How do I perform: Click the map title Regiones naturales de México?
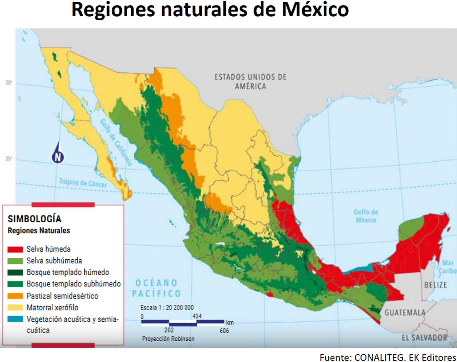(x=210, y=9)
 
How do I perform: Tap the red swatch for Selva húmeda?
(x=15, y=249)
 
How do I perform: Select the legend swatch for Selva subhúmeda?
(x=15, y=261)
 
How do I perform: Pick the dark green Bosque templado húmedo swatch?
(x=15, y=273)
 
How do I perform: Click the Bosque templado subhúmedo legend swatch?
(x=15, y=284)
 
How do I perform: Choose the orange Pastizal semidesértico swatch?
(x=15, y=296)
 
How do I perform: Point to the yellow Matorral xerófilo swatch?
(x=15, y=307)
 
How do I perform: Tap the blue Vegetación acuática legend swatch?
(x=15, y=319)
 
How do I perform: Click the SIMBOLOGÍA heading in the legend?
(x=35, y=219)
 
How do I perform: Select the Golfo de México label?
(x=366, y=216)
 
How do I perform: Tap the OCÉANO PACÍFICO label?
(x=156, y=288)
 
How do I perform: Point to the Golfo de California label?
(x=116, y=142)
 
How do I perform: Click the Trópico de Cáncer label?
(x=83, y=183)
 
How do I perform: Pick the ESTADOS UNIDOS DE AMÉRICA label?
(x=251, y=82)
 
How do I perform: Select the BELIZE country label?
(x=435, y=285)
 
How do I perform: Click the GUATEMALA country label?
(x=405, y=313)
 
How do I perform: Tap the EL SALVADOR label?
(x=425, y=338)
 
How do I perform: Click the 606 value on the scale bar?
(x=224, y=330)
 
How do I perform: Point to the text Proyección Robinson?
(x=168, y=339)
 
